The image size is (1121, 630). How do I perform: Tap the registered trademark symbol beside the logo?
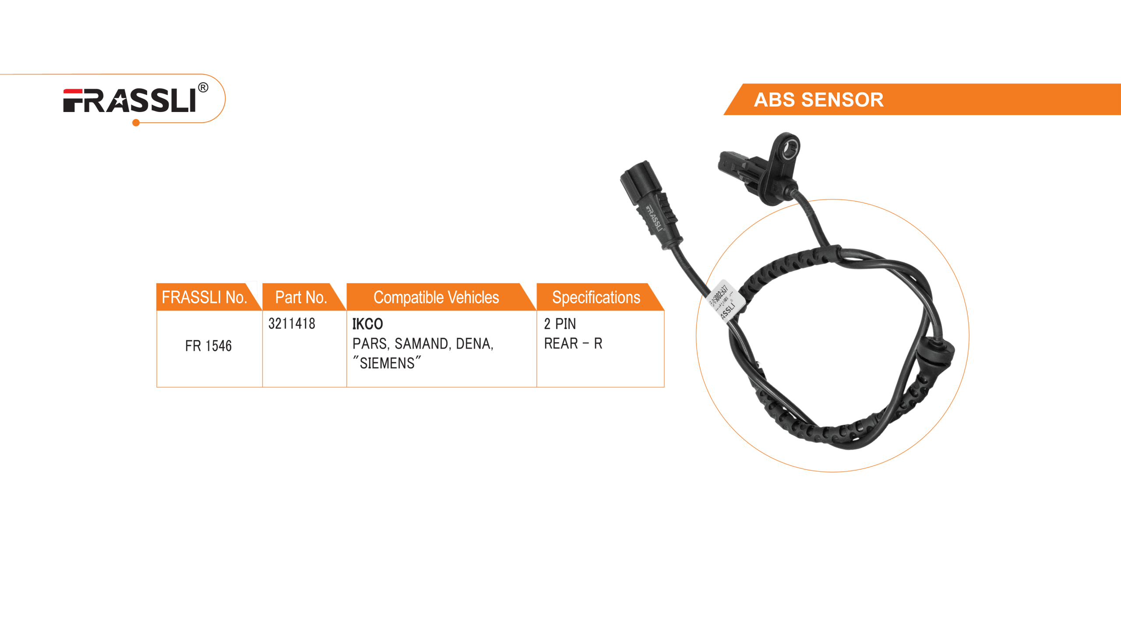click(203, 88)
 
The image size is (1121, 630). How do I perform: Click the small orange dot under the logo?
click(136, 123)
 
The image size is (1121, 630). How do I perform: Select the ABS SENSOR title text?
click(818, 100)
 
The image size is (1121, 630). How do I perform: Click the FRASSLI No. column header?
click(204, 297)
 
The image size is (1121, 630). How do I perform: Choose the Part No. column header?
click(301, 297)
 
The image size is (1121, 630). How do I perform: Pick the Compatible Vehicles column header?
click(436, 297)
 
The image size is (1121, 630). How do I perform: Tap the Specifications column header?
click(596, 297)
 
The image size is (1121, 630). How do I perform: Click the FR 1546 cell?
click(208, 346)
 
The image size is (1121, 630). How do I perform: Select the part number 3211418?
click(292, 324)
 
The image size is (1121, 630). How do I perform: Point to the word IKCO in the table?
click(367, 324)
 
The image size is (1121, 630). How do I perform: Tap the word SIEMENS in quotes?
click(387, 363)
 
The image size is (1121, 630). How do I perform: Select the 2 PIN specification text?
click(560, 324)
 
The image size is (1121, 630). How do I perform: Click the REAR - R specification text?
click(573, 344)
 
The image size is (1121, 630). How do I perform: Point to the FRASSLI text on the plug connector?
click(654, 217)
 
